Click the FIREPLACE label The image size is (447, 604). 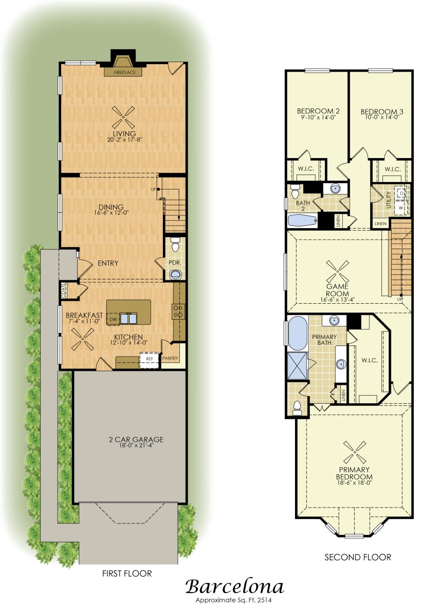(x=125, y=73)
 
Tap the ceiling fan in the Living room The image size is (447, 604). (x=124, y=117)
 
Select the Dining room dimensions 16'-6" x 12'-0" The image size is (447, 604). (x=111, y=213)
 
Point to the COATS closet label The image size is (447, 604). (x=64, y=291)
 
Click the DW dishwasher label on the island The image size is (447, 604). (x=113, y=320)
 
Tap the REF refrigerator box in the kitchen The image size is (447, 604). (x=149, y=359)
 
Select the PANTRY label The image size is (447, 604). (x=170, y=358)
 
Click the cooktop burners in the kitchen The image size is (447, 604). (x=179, y=311)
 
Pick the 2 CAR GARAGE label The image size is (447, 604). (x=136, y=439)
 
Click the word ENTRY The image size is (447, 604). (x=108, y=263)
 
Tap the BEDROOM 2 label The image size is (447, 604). (x=318, y=111)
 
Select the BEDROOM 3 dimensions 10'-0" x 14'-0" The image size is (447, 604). (x=382, y=117)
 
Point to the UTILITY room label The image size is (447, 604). (x=388, y=200)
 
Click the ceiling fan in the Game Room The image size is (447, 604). (x=337, y=271)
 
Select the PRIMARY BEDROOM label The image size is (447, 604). (x=354, y=473)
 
